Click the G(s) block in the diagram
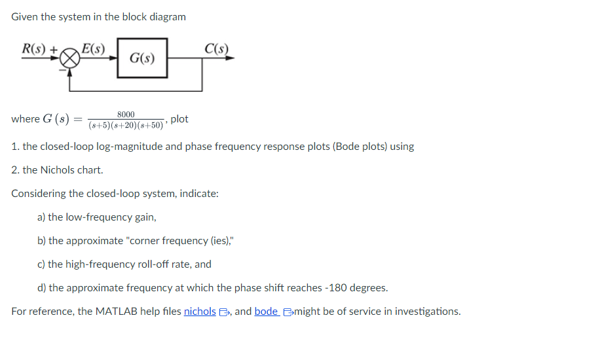[x=142, y=58]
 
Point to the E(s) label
[x=94, y=48]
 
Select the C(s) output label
[x=216, y=48]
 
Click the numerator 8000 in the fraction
[x=126, y=114]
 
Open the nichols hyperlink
[x=200, y=312]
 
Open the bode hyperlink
[x=266, y=312]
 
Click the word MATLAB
[x=115, y=312]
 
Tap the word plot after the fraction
[x=179, y=119]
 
